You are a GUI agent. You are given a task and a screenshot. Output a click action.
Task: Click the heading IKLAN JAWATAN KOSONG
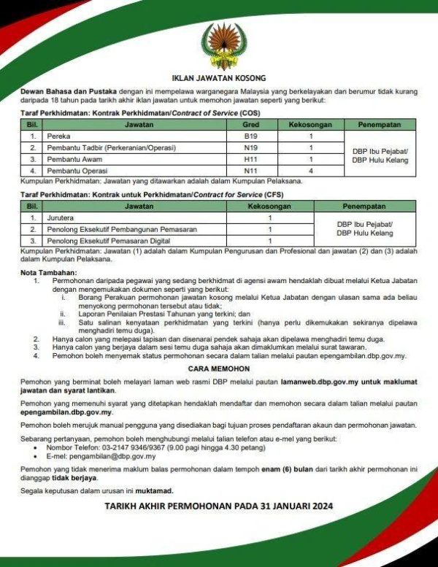tap(219, 77)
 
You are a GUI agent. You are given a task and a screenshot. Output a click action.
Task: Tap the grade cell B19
tap(251, 136)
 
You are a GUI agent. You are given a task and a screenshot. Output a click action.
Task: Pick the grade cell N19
tap(251, 148)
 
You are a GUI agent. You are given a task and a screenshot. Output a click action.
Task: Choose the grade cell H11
tap(251, 159)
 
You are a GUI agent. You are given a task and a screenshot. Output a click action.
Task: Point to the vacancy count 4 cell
tap(311, 171)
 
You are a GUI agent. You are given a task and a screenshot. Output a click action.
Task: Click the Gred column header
tap(251, 125)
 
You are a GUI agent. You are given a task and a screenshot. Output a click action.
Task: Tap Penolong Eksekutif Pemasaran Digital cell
tap(108, 241)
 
